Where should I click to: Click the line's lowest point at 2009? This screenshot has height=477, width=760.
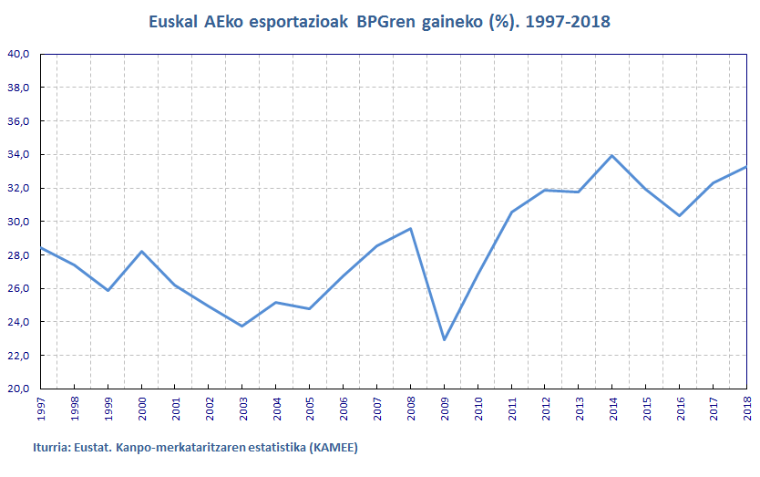[x=445, y=340]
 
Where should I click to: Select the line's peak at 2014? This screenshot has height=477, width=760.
[x=611, y=155]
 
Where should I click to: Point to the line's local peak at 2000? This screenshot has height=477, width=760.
[x=141, y=251]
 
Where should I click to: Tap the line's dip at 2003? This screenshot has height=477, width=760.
[x=241, y=326]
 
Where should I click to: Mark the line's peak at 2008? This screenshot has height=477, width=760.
[x=412, y=228]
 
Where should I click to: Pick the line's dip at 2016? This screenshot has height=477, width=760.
[x=679, y=216]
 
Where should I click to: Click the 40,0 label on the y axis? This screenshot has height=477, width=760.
[x=19, y=54]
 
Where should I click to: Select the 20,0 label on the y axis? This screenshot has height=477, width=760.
[x=19, y=389]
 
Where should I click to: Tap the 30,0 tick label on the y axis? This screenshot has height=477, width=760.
[x=19, y=222]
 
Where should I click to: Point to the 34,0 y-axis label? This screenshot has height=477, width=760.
[x=19, y=154]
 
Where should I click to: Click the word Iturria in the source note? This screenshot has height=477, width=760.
[x=52, y=448]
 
